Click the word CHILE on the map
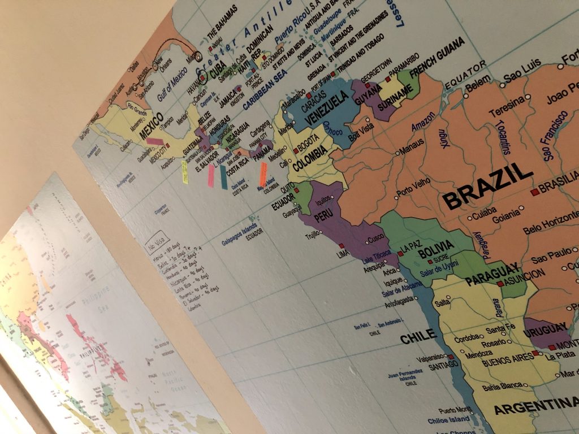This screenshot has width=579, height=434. [418, 337]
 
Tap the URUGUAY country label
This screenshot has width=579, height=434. [545, 330]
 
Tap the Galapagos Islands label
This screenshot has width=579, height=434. [238, 240]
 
